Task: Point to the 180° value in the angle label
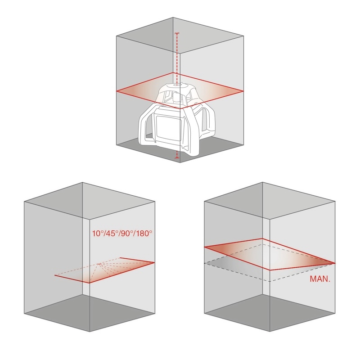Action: [144, 234]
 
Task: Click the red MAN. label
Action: [320, 279]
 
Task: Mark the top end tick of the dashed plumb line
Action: [176, 33]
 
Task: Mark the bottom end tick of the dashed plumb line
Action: [177, 158]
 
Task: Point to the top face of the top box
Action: [180, 35]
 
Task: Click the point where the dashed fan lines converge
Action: [100, 263]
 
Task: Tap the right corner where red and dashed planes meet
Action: [335, 263]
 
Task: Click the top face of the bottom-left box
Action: [90, 201]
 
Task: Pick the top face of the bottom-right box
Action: [270, 201]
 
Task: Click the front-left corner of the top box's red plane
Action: [117, 91]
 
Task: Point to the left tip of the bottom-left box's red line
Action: [55, 275]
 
